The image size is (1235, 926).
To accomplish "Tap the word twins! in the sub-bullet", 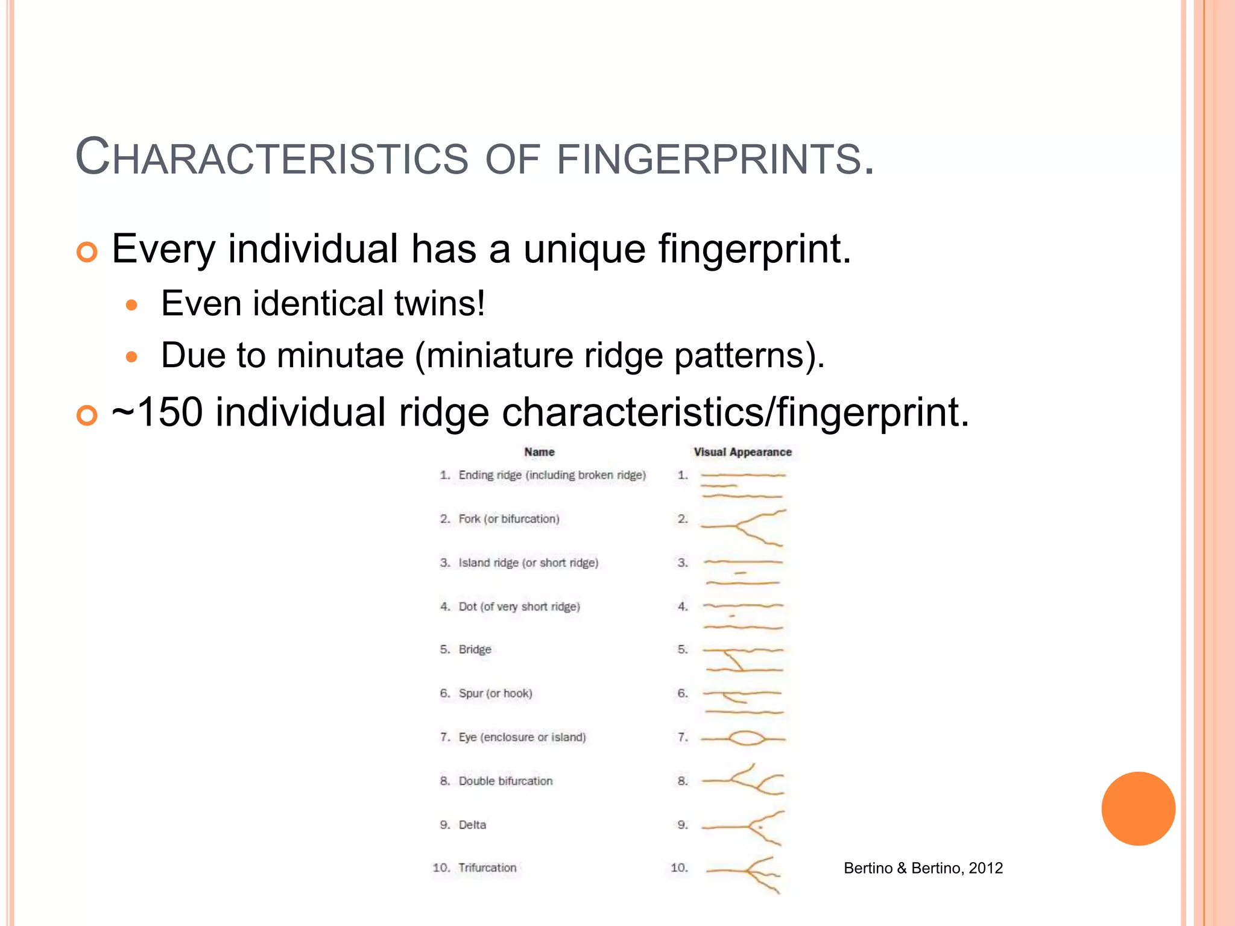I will coord(440,303).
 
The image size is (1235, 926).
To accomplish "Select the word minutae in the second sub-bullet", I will coord(340,355).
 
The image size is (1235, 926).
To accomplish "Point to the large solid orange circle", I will coord(1138,808).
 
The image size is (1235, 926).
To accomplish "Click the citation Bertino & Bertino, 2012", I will coord(923,868).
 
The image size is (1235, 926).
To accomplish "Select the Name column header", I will coord(539,452).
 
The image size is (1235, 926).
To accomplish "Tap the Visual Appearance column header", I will coord(742,452).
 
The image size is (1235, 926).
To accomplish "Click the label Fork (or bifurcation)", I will coord(508,519).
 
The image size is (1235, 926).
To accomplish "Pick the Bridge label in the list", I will coord(475,649).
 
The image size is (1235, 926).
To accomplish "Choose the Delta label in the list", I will coord(472,825).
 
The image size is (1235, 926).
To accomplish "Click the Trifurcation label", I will coord(487,868).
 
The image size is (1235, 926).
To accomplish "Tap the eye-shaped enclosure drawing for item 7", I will coord(746,739).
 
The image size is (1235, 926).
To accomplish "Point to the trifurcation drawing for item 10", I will coord(748,873).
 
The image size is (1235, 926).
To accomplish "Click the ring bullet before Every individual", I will coord(87,251).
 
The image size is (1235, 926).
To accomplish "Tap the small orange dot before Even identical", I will coord(131,305).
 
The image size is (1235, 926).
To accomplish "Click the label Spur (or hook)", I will coord(495,693).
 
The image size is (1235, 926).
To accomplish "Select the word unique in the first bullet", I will coord(584,249).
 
